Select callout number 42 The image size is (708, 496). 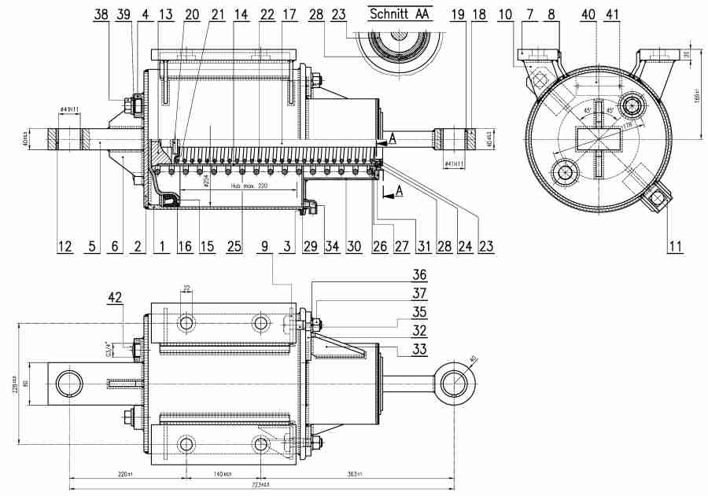pos(115,298)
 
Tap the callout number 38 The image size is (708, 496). pos(101,14)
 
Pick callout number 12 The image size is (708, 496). pos(65,247)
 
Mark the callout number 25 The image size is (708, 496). pos(234,247)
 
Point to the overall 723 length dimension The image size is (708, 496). pos(260,483)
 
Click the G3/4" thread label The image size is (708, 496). pos(109,346)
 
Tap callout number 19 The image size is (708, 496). pos(456,14)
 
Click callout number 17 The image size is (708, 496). pos(289,14)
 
